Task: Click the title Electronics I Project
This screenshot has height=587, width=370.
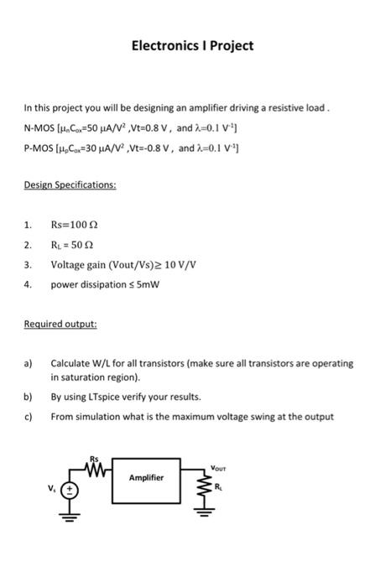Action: click(x=192, y=45)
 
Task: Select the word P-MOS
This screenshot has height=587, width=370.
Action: click(x=39, y=149)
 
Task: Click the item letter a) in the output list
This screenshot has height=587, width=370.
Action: click(x=28, y=364)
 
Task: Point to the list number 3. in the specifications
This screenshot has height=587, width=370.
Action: click(x=28, y=265)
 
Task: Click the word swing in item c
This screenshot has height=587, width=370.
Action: click(x=275, y=416)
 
